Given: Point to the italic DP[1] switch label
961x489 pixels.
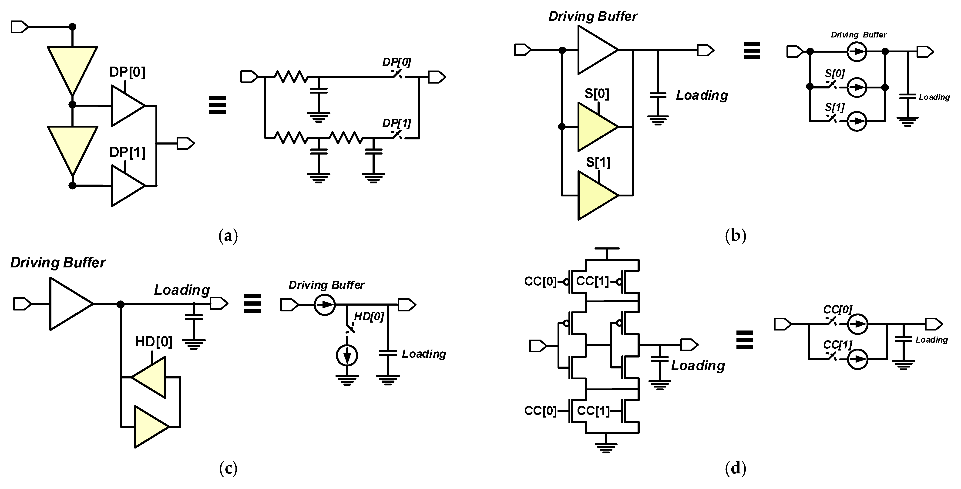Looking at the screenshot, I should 396,123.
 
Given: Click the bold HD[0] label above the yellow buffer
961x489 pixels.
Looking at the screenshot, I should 154,341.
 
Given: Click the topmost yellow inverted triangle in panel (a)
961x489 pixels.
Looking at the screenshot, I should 72,67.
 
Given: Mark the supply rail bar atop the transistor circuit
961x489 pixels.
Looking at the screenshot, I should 607,249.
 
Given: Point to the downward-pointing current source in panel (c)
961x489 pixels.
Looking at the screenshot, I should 347,355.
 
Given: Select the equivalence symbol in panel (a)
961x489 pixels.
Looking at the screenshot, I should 218,105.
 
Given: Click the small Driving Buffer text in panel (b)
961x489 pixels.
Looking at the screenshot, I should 858,35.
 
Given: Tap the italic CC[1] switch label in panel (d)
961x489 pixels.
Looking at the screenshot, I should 837,344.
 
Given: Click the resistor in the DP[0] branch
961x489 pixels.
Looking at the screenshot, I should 291,77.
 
